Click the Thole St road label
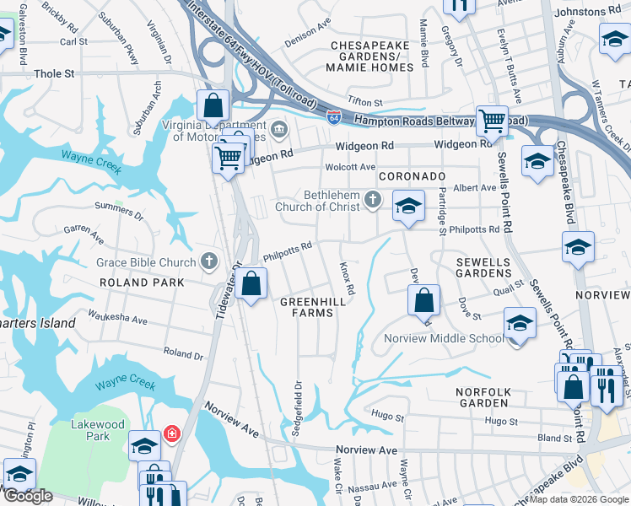pos(54,74)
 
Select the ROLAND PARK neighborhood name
pos(141,283)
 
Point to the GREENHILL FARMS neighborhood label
pos(307,307)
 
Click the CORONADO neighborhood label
pos(411,176)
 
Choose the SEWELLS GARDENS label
pos(484,267)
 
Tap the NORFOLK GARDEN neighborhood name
pos(483,398)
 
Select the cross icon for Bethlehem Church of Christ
pos(374,200)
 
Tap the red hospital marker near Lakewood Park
pos(172,433)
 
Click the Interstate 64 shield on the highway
pos(335,116)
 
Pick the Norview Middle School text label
pos(444,339)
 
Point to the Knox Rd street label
pos(346,277)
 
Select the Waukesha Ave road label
pos(116,320)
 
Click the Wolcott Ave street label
pos(350,167)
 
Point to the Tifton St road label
pos(365,101)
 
